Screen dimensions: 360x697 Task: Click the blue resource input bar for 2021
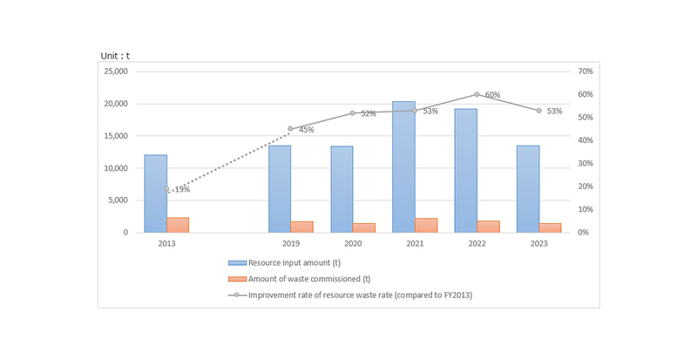pyautogui.click(x=403, y=166)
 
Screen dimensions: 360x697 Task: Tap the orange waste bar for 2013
pyautogui.click(x=178, y=225)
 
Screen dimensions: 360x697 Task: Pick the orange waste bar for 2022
pyautogui.click(x=489, y=227)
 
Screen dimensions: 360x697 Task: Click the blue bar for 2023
pyautogui.click(x=528, y=188)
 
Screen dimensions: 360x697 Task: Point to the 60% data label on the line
pyautogui.click(x=492, y=94)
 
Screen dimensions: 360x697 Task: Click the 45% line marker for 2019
pyautogui.click(x=291, y=129)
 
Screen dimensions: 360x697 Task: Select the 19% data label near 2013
pyautogui.click(x=181, y=189)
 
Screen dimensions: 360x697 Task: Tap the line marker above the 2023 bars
pyautogui.click(x=539, y=111)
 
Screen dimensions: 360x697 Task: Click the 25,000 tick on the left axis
pyautogui.click(x=115, y=71)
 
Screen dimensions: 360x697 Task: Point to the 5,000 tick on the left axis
pyautogui.click(x=118, y=200)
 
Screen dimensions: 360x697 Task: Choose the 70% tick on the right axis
pyautogui.click(x=585, y=71)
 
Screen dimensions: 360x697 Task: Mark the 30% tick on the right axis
pyautogui.click(x=585, y=164)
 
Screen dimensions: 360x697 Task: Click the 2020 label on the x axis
pyautogui.click(x=353, y=245)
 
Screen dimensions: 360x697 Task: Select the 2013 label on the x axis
pyautogui.click(x=166, y=245)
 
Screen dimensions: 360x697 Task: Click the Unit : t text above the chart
pyautogui.click(x=115, y=56)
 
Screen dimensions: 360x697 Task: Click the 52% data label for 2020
pyautogui.click(x=368, y=114)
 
